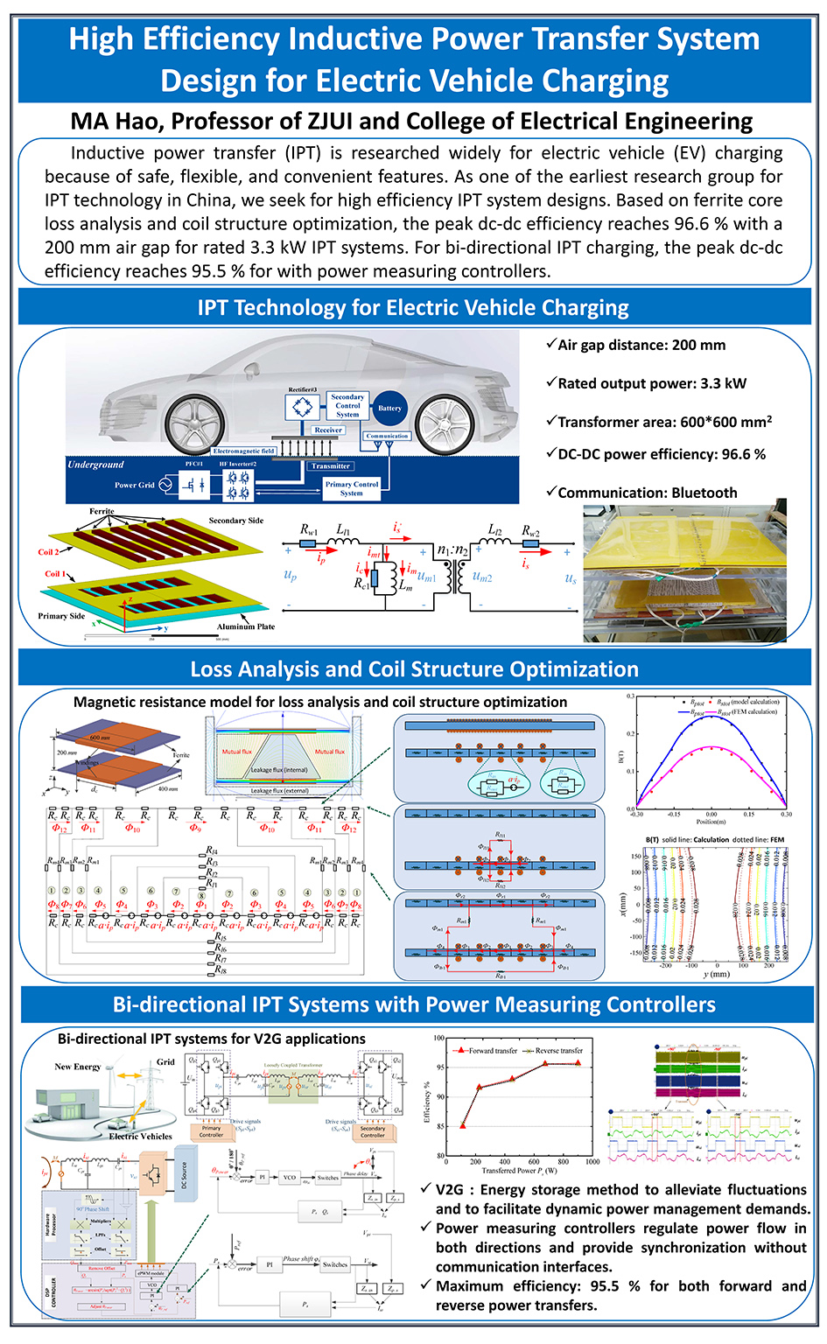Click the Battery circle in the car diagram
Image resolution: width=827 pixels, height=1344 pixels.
coord(389,409)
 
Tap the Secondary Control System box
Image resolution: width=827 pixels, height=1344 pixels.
coord(347,405)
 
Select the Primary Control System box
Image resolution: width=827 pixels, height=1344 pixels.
coord(352,488)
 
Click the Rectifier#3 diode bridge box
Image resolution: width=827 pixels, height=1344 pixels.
coord(303,407)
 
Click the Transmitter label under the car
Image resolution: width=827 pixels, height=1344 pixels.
coord(330,465)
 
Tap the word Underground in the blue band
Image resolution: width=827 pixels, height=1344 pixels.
coord(96,465)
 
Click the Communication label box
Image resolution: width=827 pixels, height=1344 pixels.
coord(387,435)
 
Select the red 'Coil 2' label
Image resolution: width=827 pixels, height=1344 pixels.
coord(48,552)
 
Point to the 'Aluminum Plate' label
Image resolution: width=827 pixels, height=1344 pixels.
coord(246,626)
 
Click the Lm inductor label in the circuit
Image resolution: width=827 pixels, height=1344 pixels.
coord(405,587)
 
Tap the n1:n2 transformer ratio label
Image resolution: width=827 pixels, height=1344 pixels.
coord(452,550)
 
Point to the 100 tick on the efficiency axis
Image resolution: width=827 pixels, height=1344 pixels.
coord(439,1039)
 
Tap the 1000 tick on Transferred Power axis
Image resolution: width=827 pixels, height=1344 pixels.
coord(592,1162)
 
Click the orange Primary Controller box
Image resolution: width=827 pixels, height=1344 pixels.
coord(211,1131)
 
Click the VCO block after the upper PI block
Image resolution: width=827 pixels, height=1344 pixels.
coord(290,1177)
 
